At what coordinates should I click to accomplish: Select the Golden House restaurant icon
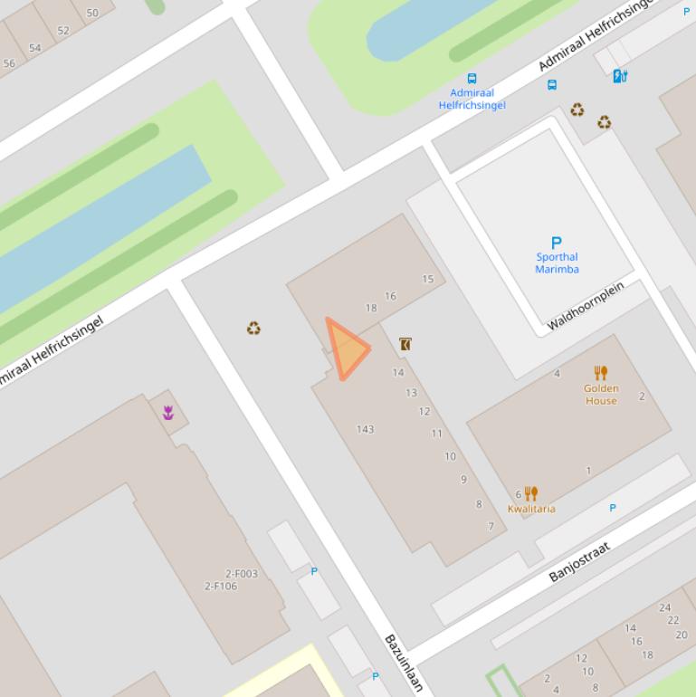pos(601,373)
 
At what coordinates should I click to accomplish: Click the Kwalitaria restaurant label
pos(531,508)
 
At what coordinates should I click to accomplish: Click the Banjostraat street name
pos(579,562)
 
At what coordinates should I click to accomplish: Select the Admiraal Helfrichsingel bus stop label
pos(472,99)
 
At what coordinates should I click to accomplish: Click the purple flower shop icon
pos(168,413)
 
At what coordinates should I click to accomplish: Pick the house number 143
pos(365,429)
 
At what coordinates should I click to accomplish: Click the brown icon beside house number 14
pos(405,344)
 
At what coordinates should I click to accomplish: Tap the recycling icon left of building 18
pos(253,328)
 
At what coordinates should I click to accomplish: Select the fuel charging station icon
pos(620,76)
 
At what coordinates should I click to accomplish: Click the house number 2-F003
pos(242,574)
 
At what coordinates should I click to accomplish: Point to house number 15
pos(428,279)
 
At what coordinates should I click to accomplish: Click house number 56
pos(9,63)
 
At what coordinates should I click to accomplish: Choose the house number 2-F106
pos(221,586)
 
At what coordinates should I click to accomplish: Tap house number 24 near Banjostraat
pos(665,607)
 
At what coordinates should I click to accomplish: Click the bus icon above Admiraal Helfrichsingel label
pos(472,79)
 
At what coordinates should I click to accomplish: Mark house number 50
pos(92,14)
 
